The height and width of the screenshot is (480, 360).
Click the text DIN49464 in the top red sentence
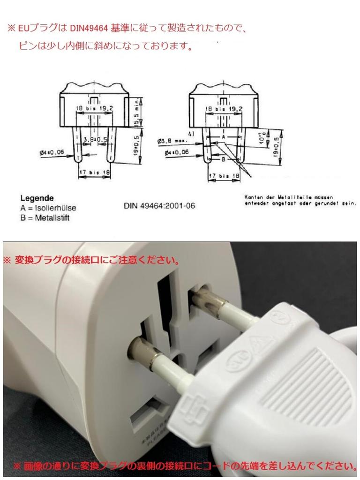coord(89,28)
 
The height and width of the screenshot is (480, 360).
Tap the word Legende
coord(37,198)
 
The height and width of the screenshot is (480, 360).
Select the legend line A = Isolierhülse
coord(48,208)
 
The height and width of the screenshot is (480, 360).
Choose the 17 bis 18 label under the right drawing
coord(224,176)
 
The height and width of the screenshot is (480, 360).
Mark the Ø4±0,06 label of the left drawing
coord(52,152)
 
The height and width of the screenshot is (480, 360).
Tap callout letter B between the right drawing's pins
coord(224,159)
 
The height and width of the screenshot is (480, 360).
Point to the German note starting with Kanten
coord(300,200)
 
